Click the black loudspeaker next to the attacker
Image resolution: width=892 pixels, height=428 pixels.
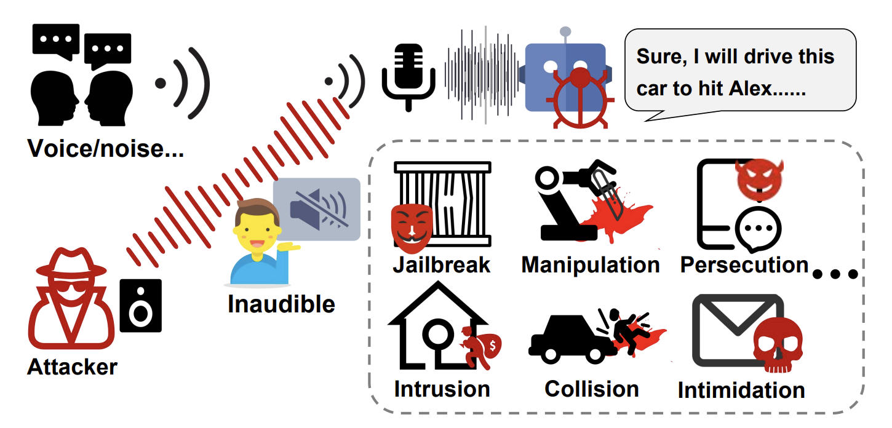tap(140, 306)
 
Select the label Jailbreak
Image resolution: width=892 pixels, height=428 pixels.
tap(442, 264)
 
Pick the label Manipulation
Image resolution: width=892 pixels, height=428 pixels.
tap(590, 265)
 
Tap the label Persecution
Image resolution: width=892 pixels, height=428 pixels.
tap(744, 265)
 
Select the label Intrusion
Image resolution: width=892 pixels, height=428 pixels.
tap(442, 389)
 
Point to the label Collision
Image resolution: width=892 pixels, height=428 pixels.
tap(591, 389)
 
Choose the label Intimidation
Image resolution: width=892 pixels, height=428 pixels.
tap(741, 390)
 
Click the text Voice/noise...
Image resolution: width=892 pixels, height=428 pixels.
tap(105, 149)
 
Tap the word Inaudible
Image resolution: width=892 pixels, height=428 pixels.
tap(281, 304)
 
